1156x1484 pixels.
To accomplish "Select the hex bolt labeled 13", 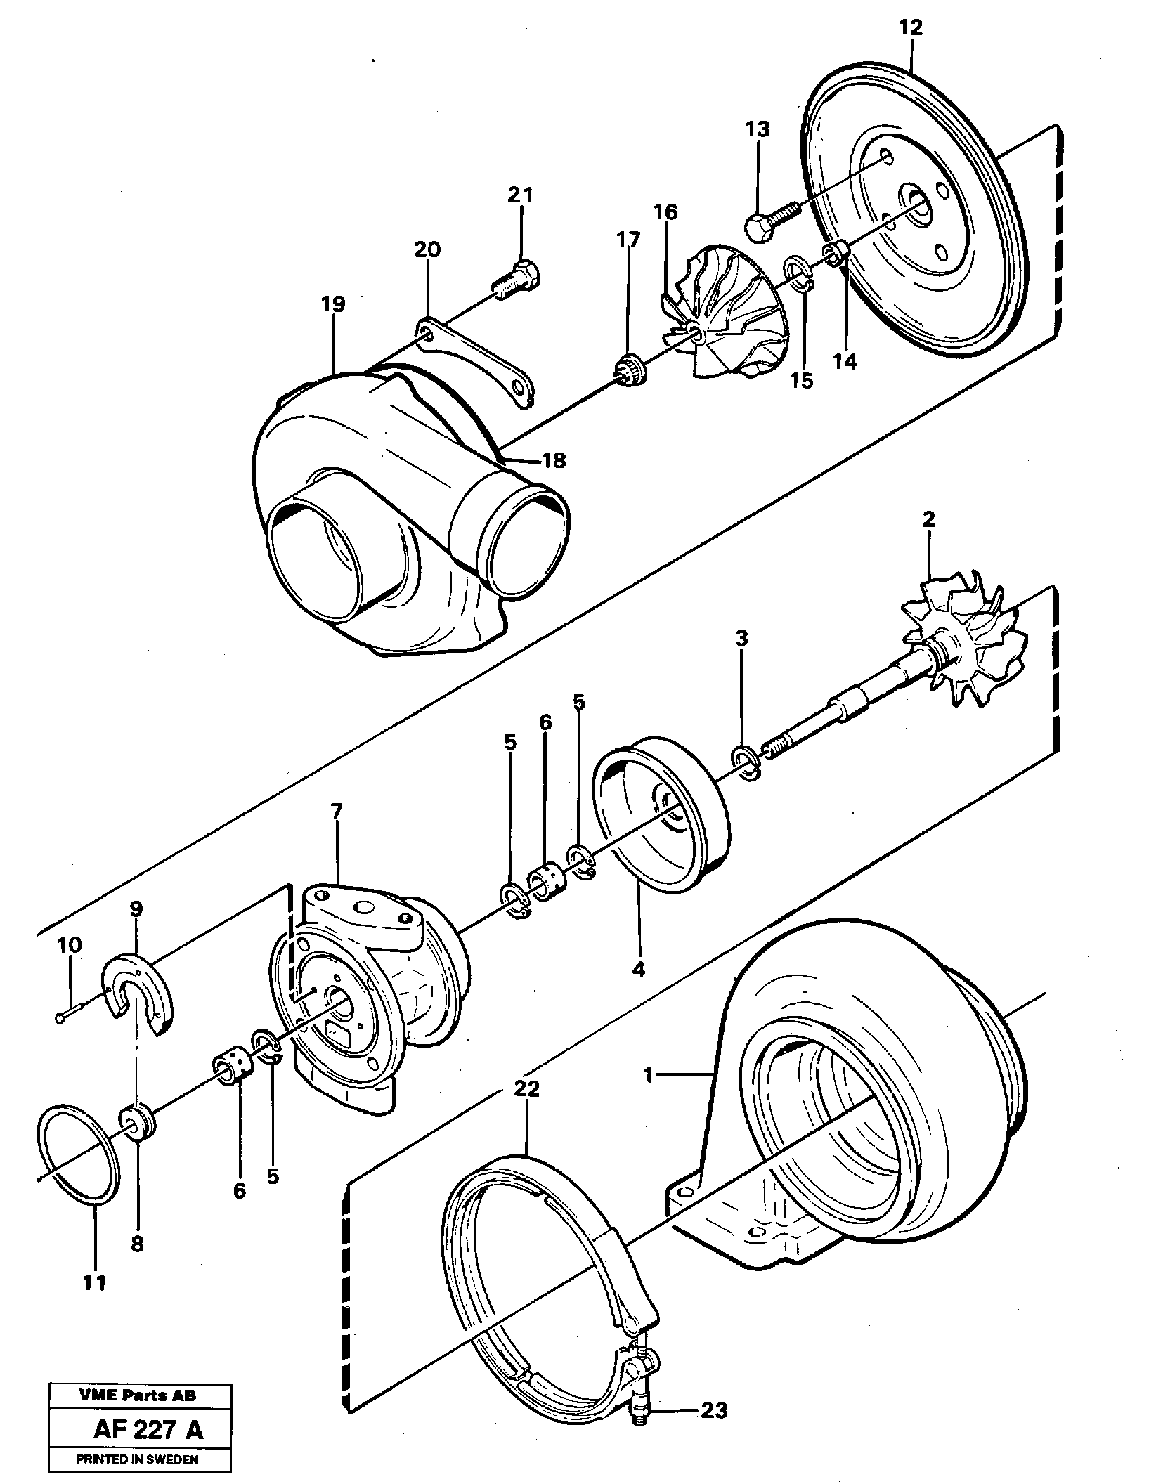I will click(769, 219).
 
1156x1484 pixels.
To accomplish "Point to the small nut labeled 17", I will click(627, 368).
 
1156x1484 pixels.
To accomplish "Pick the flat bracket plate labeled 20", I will click(478, 359).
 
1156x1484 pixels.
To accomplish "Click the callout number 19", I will click(335, 304).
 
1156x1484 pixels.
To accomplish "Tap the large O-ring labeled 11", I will click(77, 1164).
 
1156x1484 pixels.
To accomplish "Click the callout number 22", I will click(526, 1089).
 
